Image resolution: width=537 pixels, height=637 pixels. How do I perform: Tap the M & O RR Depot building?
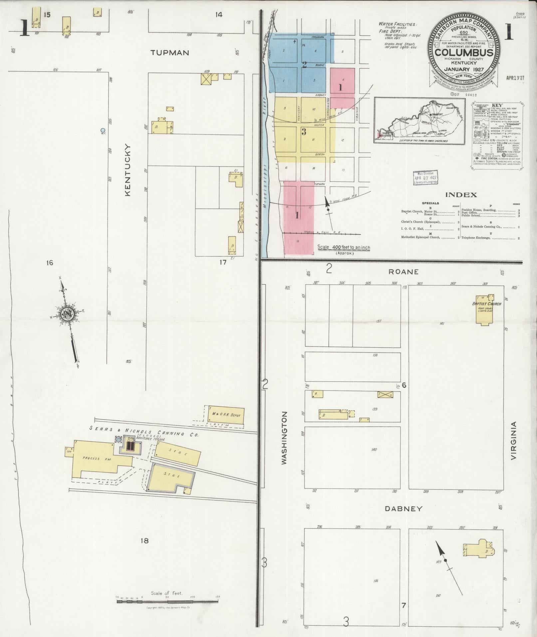[x=226, y=415]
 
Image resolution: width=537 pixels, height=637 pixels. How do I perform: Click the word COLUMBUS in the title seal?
[x=464, y=53]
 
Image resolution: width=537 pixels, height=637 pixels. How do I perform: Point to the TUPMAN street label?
[x=169, y=53]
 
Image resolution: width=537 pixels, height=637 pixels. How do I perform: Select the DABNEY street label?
[x=403, y=518]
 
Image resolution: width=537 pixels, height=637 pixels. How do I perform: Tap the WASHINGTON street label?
[x=284, y=438]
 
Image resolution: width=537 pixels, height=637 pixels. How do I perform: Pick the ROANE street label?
[x=403, y=272]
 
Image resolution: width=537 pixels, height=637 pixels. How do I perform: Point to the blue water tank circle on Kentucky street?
[x=103, y=130]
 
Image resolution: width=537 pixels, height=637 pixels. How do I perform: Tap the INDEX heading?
[x=461, y=195]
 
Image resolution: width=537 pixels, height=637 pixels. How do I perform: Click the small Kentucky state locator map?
[x=419, y=121]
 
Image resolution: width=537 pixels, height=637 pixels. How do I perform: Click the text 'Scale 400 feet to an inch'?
[x=344, y=247]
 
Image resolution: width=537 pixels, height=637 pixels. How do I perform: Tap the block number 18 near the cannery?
[x=144, y=541]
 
